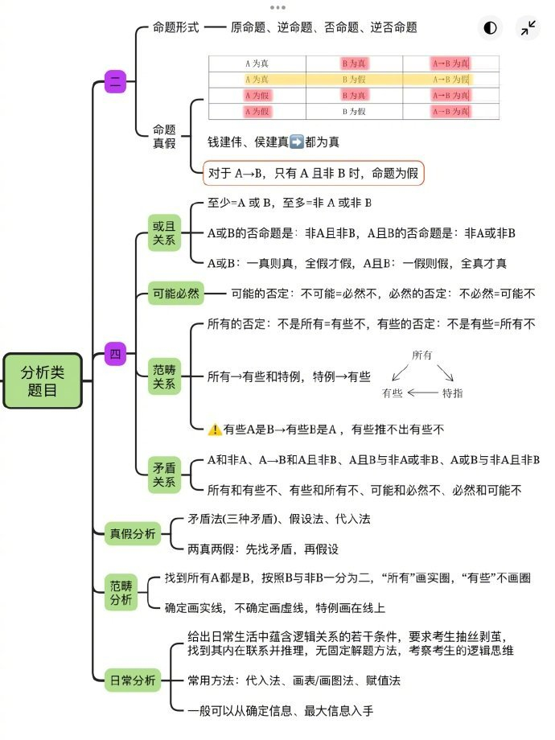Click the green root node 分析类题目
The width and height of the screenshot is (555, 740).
[43, 380]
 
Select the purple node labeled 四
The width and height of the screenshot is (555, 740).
[116, 353]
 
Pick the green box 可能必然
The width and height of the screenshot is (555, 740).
[175, 294]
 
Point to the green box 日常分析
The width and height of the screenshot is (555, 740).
[134, 680]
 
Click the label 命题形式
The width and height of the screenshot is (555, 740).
[175, 27]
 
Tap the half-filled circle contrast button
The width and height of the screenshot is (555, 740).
[489, 28]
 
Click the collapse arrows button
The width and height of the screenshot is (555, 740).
[528, 28]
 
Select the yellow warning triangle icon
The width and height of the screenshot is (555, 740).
[215, 430]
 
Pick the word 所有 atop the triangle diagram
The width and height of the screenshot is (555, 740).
[421, 355]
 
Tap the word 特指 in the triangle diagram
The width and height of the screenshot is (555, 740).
[452, 393]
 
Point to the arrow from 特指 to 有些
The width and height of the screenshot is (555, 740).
[422, 393]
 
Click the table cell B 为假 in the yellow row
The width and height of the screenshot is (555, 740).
[354, 80]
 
